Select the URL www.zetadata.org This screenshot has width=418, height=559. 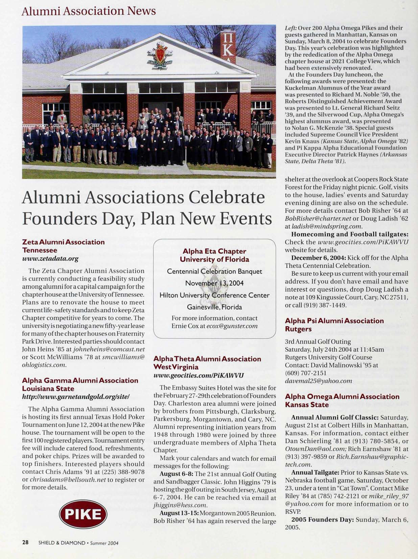(50, 259)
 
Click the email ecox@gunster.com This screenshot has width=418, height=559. (232, 326)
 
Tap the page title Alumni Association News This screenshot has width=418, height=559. (89, 11)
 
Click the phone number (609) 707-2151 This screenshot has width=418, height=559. (306, 373)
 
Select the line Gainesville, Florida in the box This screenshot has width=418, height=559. (214, 307)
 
